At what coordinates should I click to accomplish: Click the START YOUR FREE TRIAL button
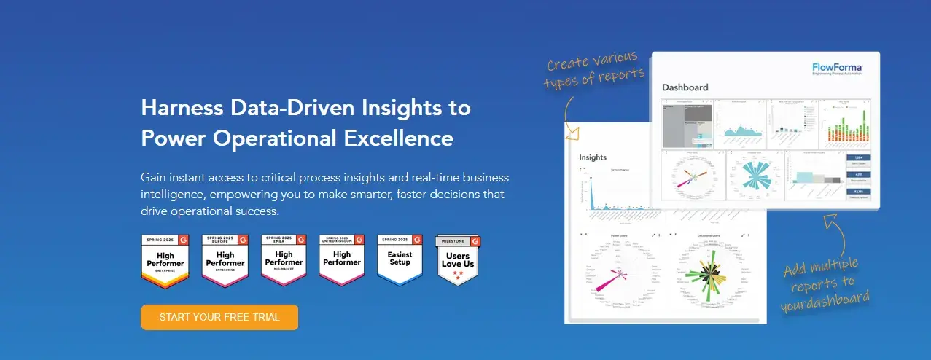[219, 317]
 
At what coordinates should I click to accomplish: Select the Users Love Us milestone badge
[458, 259]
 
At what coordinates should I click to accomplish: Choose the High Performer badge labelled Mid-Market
[283, 259]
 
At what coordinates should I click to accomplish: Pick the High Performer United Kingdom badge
[341, 259]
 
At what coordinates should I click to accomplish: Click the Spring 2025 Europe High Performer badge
[225, 259]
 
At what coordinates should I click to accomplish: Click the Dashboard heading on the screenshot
[685, 87]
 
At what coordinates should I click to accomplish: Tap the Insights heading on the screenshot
[593, 157]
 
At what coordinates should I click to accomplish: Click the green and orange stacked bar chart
[845, 124]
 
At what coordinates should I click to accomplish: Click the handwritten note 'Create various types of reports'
[593, 69]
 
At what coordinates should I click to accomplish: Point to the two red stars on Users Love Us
[458, 275]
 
